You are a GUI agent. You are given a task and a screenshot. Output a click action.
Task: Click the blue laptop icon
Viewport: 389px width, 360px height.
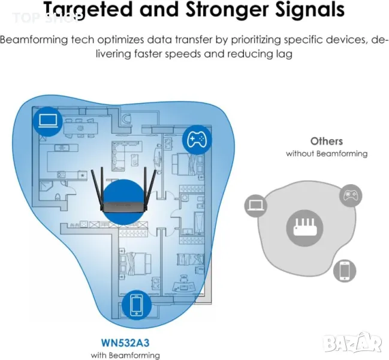pyautogui.click(x=48, y=122)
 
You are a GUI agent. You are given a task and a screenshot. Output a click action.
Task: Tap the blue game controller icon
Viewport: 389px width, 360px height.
pyautogui.click(x=197, y=140)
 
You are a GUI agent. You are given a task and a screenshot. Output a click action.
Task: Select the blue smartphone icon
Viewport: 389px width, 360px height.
pyautogui.click(x=137, y=305)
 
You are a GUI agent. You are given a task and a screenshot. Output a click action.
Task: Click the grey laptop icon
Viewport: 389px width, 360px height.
pyautogui.click(x=256, y=206)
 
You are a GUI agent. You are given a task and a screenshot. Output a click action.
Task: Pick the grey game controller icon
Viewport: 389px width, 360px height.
pyautogui.click(x=351, y=196)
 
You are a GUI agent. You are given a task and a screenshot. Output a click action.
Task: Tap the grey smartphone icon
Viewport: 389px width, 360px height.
pyautogui.click(x=345, y=271)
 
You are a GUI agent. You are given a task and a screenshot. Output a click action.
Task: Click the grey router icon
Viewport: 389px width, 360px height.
pyautogui.click(x=305, y=227)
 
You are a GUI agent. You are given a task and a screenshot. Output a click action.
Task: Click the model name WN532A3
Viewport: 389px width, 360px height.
pyautogui.click(x=125, y=343)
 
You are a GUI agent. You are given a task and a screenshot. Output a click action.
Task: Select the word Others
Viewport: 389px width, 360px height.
pyautogui.click(x=327, y=141)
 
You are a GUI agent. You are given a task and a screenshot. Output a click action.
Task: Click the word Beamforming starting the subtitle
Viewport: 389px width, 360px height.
pyautogui.click(x=34, y=40)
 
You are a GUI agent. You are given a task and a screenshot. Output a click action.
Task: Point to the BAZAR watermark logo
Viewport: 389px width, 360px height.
pyautogui.click(x=353, y=343)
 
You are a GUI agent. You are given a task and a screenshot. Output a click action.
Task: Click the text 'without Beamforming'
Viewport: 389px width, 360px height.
pyautogui.click(x=327, y=154)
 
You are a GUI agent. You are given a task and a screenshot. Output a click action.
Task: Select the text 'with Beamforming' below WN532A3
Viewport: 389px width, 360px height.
pyautogui.click(x=125, y=355)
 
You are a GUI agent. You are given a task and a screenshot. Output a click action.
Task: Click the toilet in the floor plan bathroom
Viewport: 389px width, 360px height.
pyautogui.click(x=58, y=197)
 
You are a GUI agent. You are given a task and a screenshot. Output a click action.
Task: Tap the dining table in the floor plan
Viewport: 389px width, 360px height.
pyautogui.click(x=80, y=128)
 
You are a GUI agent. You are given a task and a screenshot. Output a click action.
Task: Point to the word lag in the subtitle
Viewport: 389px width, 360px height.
pyautogui.click(x=285, y=55)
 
